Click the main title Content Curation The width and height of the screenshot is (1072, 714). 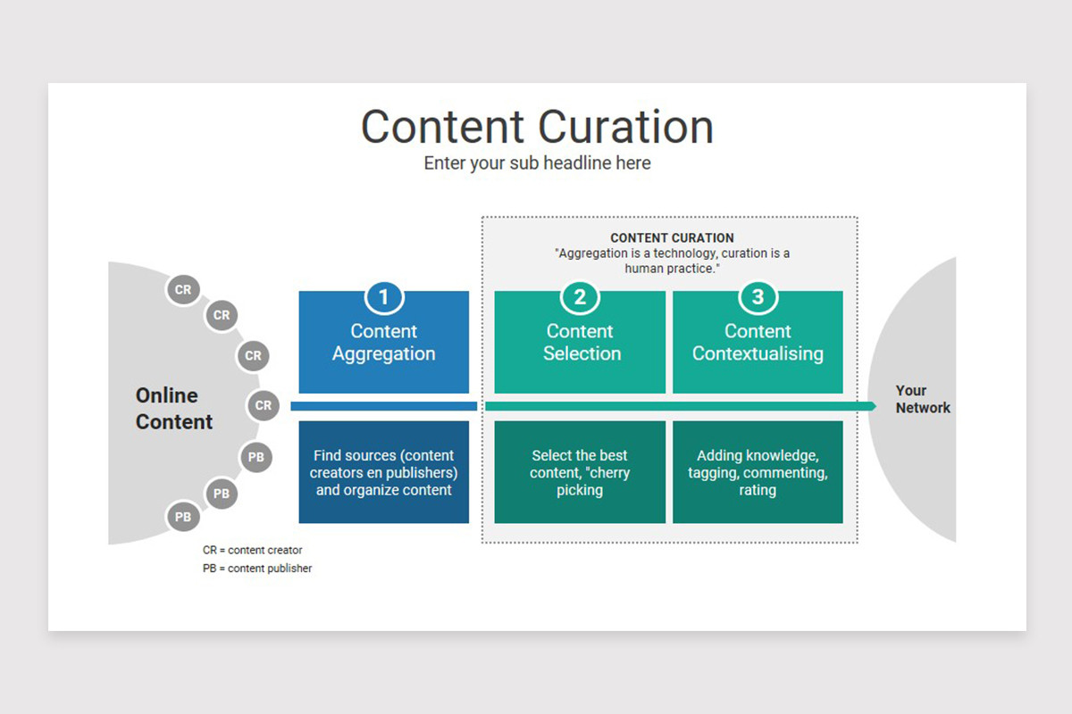537,127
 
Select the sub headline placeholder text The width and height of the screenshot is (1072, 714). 537,163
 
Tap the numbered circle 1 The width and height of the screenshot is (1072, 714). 384,297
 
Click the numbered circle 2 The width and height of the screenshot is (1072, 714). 580,297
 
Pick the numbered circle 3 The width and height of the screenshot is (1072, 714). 758,297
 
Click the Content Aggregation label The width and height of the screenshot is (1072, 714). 384,343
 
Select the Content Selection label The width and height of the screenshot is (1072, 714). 580,343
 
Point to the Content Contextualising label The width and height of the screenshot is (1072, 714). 758,343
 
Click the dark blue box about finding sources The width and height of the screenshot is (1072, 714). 384,472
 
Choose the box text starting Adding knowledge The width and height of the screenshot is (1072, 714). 758,472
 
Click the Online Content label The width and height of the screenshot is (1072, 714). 173,409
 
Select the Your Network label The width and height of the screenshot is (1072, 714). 923,399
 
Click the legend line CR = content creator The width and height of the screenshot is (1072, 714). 253,551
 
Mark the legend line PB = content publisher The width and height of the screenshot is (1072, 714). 257,569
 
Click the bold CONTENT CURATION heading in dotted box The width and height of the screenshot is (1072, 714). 672,238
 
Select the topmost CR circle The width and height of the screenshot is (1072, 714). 182,290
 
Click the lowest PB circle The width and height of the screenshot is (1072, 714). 182,517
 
